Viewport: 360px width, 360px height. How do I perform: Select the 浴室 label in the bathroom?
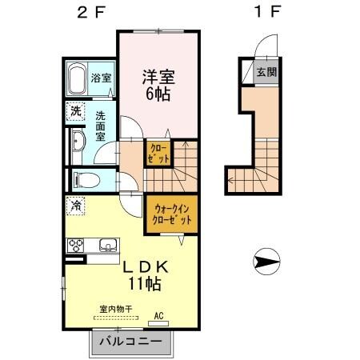(101, 79)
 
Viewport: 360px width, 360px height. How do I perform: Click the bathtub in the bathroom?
(75, 79)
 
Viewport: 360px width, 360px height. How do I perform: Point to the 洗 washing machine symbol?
(75, 111)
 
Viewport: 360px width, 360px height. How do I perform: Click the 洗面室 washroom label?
(101, 126)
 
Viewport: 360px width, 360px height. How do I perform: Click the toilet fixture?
(83, 178)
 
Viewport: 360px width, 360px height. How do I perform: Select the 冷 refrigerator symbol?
(74, 206)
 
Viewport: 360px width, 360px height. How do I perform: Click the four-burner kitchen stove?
(78, 245)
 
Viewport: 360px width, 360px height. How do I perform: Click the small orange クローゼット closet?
(158, 153)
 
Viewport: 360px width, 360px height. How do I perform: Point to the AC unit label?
(158, 317)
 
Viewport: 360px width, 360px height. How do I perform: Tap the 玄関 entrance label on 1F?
(265, 71)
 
